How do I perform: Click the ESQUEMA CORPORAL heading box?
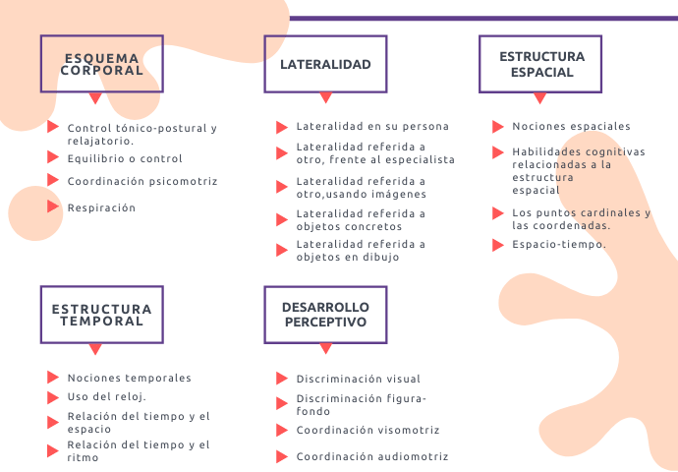101,64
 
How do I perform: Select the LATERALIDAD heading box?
325,64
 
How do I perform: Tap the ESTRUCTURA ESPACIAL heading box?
540,64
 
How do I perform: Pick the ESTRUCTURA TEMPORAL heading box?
101,315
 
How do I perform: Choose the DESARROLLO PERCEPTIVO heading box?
325,315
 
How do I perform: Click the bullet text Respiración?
101,207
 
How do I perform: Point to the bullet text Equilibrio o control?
125,158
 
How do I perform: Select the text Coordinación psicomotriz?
142,181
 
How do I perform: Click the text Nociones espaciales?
571,126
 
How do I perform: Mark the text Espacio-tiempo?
559,244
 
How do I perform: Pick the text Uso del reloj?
106,396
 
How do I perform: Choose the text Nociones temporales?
129,378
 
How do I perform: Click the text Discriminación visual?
358,379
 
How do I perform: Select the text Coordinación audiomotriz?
371,456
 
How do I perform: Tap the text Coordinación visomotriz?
367,430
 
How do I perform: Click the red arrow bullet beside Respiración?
53,206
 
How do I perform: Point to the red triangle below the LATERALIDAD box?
325,98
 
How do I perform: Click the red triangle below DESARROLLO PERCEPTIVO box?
325,349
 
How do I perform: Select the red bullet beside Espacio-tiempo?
498,244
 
